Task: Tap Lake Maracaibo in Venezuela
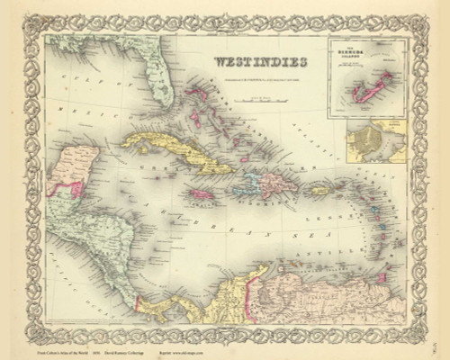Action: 261,280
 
